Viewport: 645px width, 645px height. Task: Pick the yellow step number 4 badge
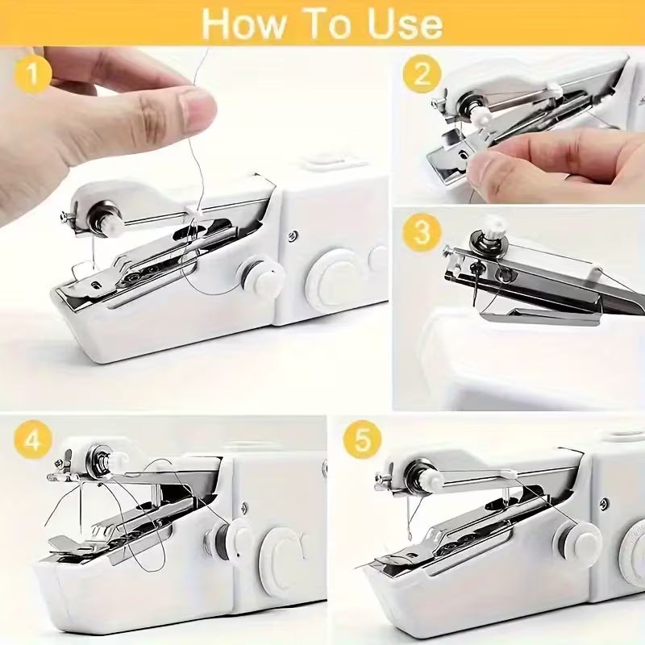pyautogui.click(x=33, y=441)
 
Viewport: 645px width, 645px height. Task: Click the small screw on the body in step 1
pyautogui.click(x=293, y=235)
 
